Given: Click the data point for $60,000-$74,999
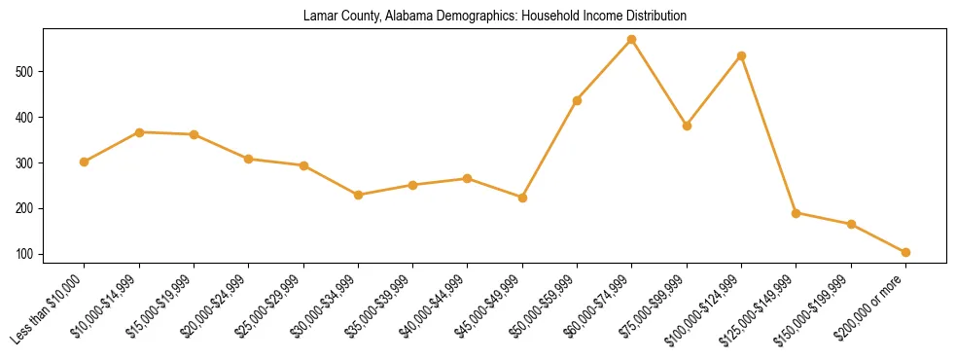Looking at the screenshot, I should coord(632,40).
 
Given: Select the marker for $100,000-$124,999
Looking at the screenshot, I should coord(742,56).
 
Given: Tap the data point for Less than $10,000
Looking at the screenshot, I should coord(85,162).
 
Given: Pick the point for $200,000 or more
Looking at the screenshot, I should coord(906,252).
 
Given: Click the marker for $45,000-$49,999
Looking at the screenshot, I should coord(522,198).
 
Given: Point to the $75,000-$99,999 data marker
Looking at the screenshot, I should coord(687,126).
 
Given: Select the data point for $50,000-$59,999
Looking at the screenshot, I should coord(578,100).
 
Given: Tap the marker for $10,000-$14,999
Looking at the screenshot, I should coord(139,132).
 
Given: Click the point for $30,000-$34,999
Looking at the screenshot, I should coord(359,195).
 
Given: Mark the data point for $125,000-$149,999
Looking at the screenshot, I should coord(797,213).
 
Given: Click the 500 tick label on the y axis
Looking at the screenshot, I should coord(27,72).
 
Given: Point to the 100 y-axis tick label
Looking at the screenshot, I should coord(27,255).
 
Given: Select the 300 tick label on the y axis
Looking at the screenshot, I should coord(27,163).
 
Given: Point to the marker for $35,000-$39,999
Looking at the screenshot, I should coord(413,185).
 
